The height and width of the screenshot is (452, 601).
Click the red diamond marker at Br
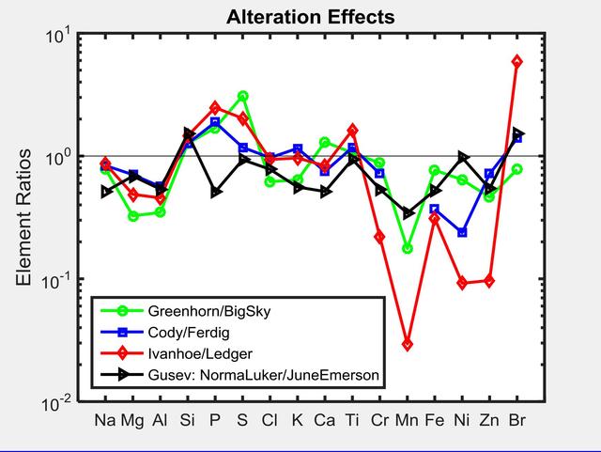516,61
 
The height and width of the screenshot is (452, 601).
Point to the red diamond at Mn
408,345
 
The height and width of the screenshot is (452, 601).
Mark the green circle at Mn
408,248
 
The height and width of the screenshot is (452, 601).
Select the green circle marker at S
243,96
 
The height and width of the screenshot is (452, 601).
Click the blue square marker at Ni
462,232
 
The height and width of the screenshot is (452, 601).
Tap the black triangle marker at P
216,192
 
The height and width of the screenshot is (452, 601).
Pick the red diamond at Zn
489,281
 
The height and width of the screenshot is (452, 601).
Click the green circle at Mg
133,216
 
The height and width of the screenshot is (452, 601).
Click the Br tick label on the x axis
516,420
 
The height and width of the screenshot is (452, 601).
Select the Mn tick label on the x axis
408,420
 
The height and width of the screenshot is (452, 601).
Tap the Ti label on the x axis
352,420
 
